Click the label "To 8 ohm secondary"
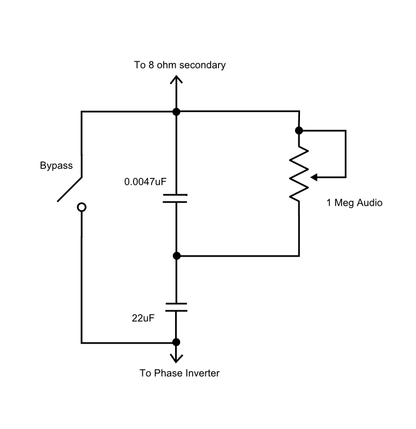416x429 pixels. pyautogui.click(x=180, y=65)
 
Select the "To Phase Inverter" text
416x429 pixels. pyautogui.click(x=180, y=374)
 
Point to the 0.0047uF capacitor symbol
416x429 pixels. pyautogui.click(x=176, y=198)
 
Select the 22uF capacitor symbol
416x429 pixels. pyautogui.click(x=176, y=306)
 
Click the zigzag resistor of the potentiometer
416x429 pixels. pyautogui.click(x=298, y=175)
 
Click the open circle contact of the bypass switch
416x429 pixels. pyautogui.click(x=82, y=207)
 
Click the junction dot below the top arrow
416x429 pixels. pyautogui.click(x=176, y=112)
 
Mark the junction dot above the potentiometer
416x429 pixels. pyautogui.click(x=298, y=130)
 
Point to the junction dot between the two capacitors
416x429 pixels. pyautogui.click(x=176, y=256)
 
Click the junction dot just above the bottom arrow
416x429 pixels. pyautogui.click(x=176, y=343)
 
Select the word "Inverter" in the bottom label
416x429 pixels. pyautogui.click(x=203, y=374)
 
